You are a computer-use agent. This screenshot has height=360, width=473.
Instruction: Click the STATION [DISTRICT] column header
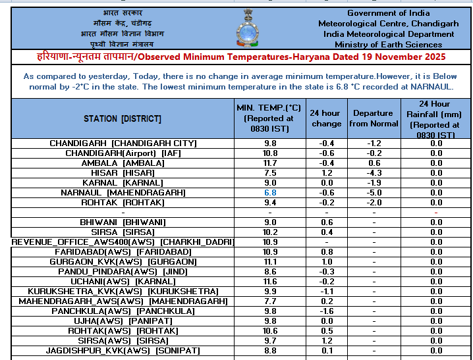point(123,118)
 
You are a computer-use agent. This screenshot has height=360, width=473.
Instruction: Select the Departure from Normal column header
point(374,118)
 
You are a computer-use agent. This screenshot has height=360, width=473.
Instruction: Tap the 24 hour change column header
point(326,118)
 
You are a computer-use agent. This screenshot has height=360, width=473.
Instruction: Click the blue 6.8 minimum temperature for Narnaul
point(270,192)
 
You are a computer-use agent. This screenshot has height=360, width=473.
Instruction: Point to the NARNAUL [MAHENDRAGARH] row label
point(123,192)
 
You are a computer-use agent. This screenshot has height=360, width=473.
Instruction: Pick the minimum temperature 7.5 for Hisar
point(270,172)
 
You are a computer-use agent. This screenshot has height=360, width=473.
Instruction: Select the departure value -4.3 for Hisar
point(374,172)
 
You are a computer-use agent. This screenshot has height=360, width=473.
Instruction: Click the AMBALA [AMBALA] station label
point(123,163)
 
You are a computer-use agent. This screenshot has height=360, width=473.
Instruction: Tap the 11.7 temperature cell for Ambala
point(270,163)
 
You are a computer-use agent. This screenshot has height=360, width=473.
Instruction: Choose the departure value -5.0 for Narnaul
point(374,192)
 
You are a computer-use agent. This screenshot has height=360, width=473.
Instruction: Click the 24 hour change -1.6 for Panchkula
point(326,311)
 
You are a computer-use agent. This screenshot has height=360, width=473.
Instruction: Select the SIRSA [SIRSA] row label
point(123,232)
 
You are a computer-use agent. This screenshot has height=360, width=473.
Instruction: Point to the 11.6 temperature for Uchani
point(270,281)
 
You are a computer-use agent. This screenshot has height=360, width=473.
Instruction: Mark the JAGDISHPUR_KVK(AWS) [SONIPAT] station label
point(123,350)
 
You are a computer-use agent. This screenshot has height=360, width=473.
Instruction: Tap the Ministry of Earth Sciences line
point(388,44)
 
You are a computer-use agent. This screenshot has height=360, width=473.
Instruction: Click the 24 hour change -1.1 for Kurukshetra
point(326,291)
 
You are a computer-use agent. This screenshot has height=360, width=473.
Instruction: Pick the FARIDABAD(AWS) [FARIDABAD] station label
point(123,251)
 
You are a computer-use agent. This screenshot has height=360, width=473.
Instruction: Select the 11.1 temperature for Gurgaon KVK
point(270,261)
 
